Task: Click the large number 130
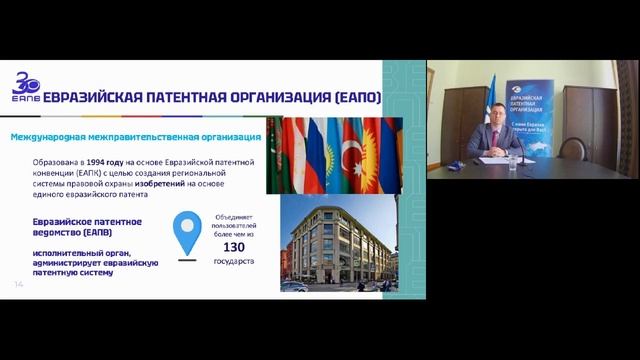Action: (x=234, y=246)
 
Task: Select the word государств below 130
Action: (x=234, y=261)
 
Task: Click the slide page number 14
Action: (x=18, y=285)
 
